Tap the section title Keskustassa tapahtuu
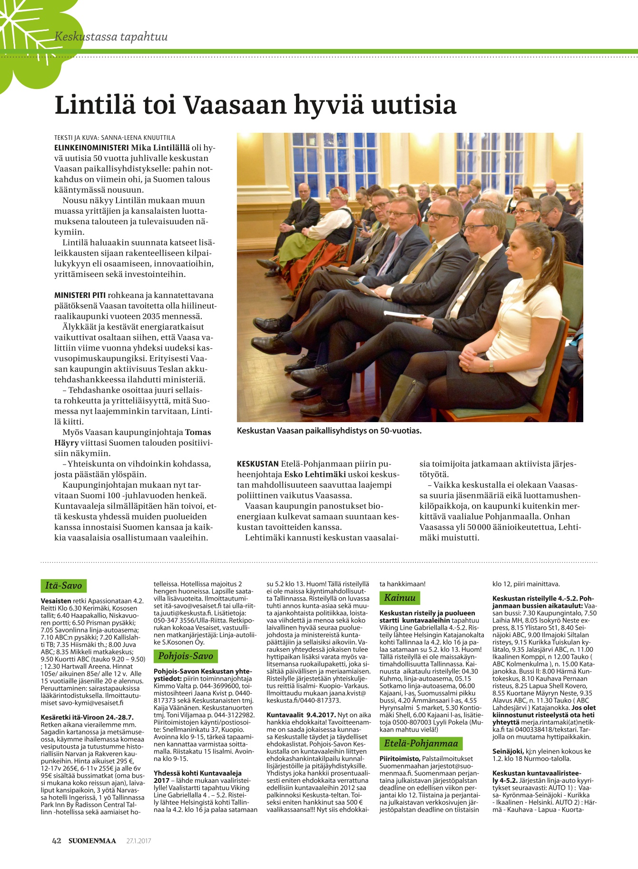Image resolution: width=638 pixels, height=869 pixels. click(x=111, y=37)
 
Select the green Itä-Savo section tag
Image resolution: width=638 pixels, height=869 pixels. click(x=64, y=585)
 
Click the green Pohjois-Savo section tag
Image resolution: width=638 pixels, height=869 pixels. click(x=186, y=656)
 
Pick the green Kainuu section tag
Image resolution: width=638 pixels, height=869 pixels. click(x=400, y=597)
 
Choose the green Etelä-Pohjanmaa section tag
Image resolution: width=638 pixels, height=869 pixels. click(x=421, y=743)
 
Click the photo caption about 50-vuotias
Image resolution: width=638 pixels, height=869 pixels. click(x=329, y=431)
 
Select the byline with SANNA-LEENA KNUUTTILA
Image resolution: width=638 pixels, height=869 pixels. click(x=115, y=138)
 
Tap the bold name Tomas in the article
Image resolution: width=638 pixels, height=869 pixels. click(x=198, y=432)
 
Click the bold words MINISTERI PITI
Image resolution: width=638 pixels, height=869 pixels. click(x=80, y=295)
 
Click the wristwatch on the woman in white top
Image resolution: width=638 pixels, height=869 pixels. click(x=491, y=365)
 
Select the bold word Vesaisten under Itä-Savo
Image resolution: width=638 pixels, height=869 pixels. click(x=56, y=601)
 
